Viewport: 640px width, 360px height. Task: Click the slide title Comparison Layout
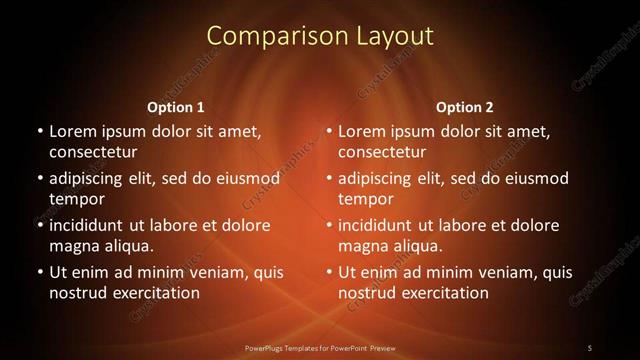coord(320,36)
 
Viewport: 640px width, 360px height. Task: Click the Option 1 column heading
coord(176,107)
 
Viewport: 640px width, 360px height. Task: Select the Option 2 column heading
coord(465,107)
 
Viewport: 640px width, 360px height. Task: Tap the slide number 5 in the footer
coord(590,347)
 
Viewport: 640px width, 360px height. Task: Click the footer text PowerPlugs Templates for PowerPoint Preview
coord(320,347)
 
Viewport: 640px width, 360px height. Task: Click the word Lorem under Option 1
coord(73,131)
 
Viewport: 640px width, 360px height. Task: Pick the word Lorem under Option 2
coord(362,131)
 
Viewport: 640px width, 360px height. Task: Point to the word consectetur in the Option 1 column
coord(93,153)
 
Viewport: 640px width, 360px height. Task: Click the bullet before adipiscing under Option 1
coord(39,178)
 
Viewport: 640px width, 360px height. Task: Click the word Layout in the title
coord(396,36)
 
